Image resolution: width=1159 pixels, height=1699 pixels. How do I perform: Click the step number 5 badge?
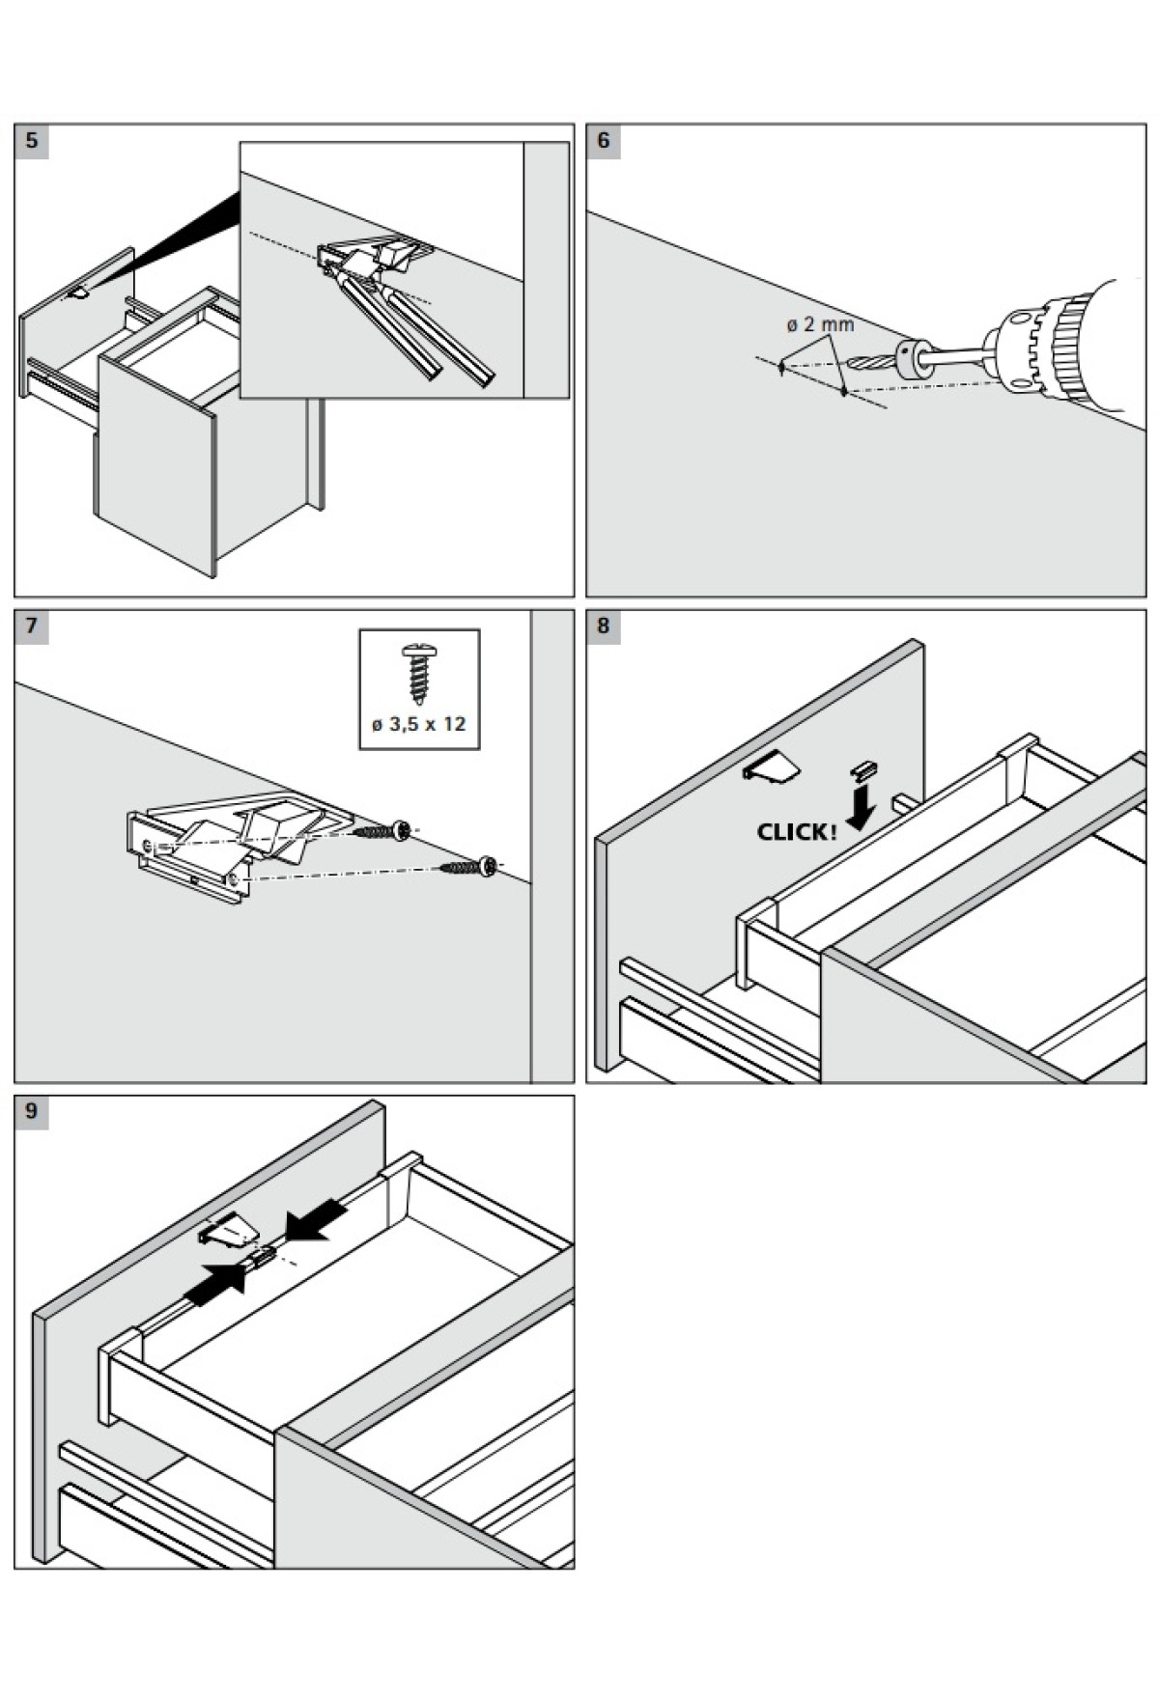pyautogui.click(x=32, y=141)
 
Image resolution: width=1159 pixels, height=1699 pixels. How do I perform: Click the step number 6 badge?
pyautogui.click(x=604, y=141)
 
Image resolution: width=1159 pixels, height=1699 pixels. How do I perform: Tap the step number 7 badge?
pyautogui.click(x=32, y=627)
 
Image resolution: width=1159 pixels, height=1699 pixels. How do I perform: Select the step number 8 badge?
pyautogui.click(x=604, y=627)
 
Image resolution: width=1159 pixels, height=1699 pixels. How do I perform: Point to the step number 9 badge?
pyautogui.click(x=32, y=1112)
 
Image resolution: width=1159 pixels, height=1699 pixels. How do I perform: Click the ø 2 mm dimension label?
pyautogui.click(x=820, y=324)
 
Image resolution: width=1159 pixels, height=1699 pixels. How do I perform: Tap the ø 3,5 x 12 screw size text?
pyautogui.click(x=419, y=724)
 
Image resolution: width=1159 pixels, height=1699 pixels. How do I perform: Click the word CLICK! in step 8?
pyautogui.click(x=797, y=832)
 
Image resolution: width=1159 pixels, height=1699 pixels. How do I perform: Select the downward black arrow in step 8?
pyautogui.click(x=859, y=809)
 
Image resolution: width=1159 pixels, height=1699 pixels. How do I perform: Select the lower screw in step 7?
pyautogui.click(x=470, y=868)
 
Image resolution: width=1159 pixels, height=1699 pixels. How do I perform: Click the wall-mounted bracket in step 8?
pyautogui.click(x=771, y=769)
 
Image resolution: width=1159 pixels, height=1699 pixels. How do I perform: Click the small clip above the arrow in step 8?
pyautogui.click(x=862, y=769)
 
